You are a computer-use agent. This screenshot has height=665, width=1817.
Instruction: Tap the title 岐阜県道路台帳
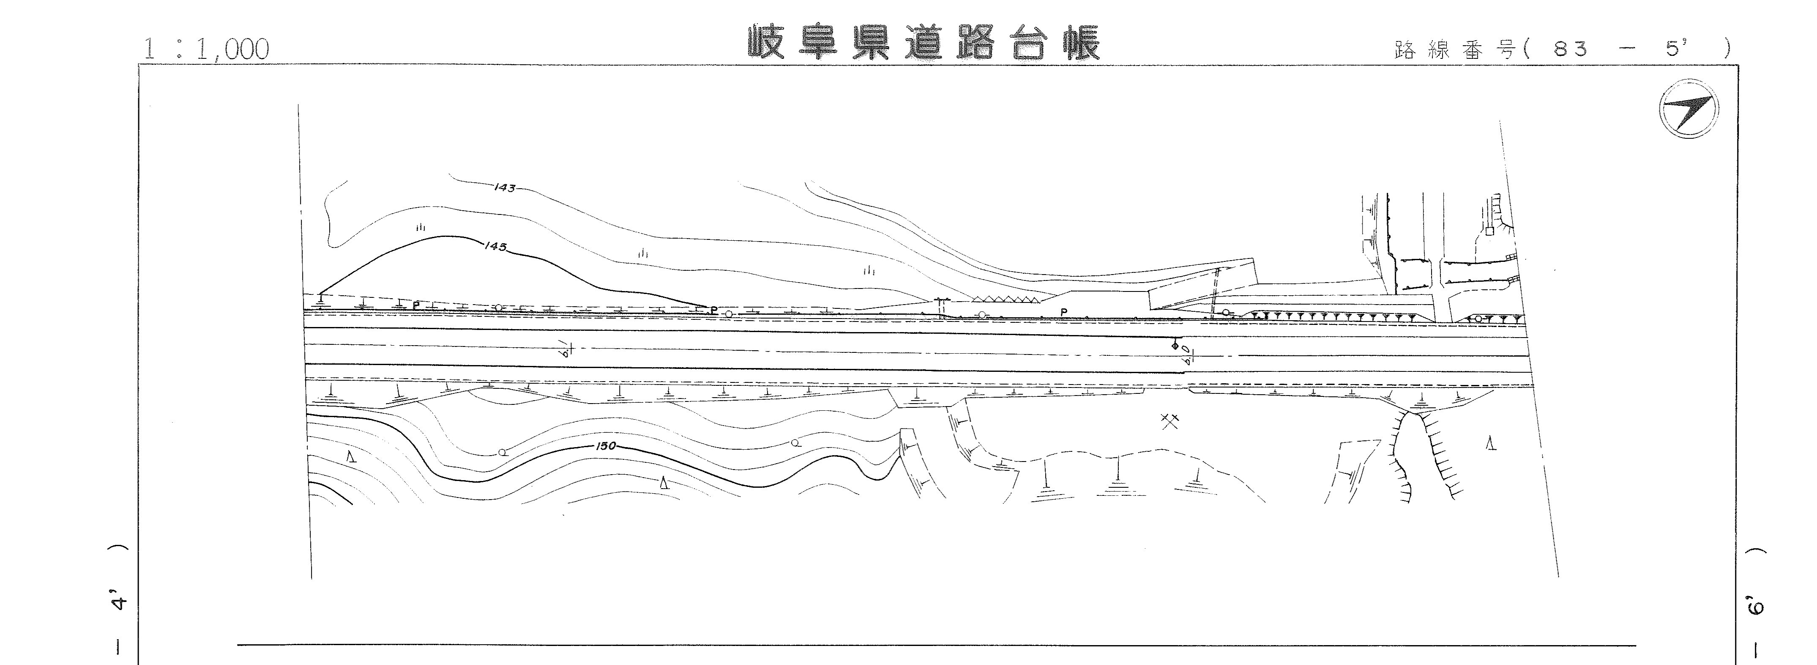(924, 44)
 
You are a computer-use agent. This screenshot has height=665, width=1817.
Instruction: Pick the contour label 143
(505, 188)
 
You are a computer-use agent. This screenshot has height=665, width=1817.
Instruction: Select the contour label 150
(606, 446)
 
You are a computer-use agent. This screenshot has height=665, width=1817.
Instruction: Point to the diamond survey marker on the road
(1175, 346)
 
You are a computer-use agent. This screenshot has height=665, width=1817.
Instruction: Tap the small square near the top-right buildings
(1489, 231)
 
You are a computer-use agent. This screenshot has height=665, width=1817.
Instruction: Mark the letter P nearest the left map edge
(416, 305)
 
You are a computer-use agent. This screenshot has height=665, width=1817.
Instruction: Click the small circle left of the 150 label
(502, 452)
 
